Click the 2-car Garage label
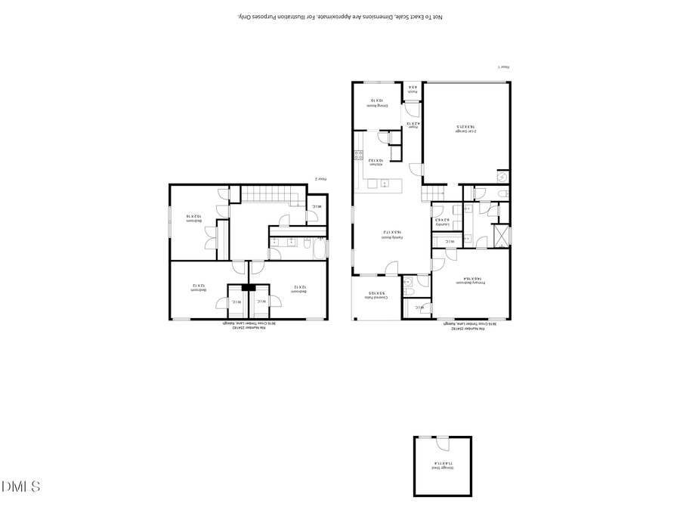[465, 129]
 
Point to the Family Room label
[390, 235]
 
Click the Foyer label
[413, 125]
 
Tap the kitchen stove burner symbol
[358, 156]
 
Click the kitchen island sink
[385, 183]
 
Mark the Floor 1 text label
[504, 67]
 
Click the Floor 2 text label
[321, 179]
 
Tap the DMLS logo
[20, 487]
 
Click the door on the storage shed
[426, 439]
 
